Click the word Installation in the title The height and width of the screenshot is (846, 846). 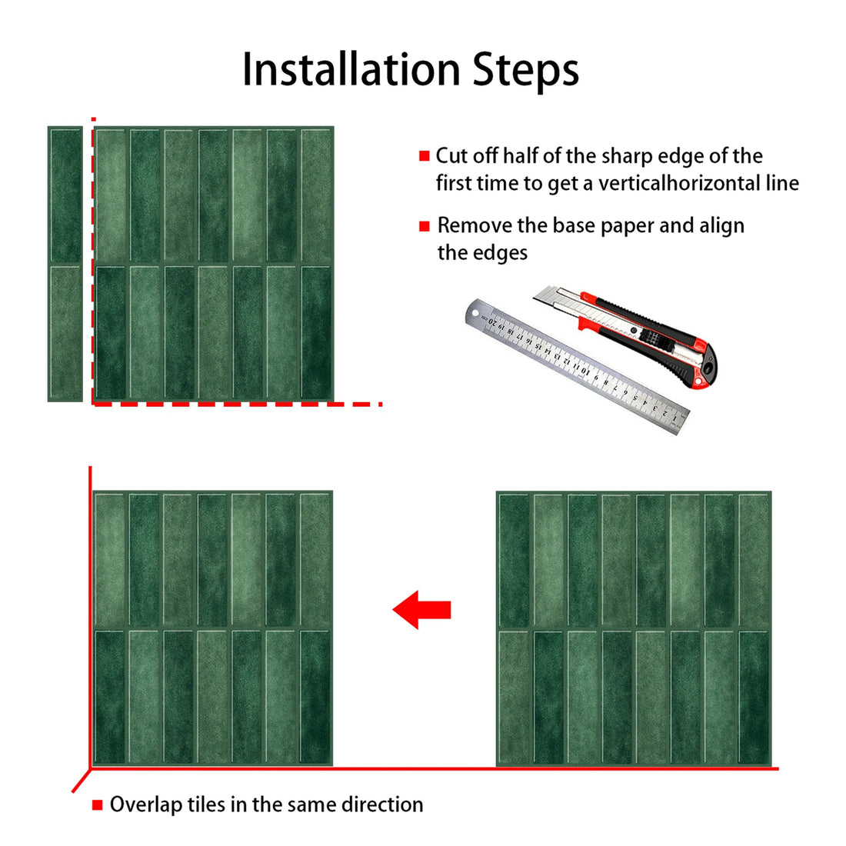(x=351, y=69)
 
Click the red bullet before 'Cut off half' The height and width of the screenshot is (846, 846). (x=424, y=156)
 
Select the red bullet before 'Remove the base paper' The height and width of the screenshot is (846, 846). (x=424, y=226)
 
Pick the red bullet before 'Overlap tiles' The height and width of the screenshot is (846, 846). (x=98, y=805)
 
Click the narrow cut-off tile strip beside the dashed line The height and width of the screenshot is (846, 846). (x=65, y=264)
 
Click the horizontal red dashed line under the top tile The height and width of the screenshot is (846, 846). (x=231, y=403)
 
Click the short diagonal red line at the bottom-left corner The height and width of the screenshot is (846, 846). (x=81, y=781)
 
